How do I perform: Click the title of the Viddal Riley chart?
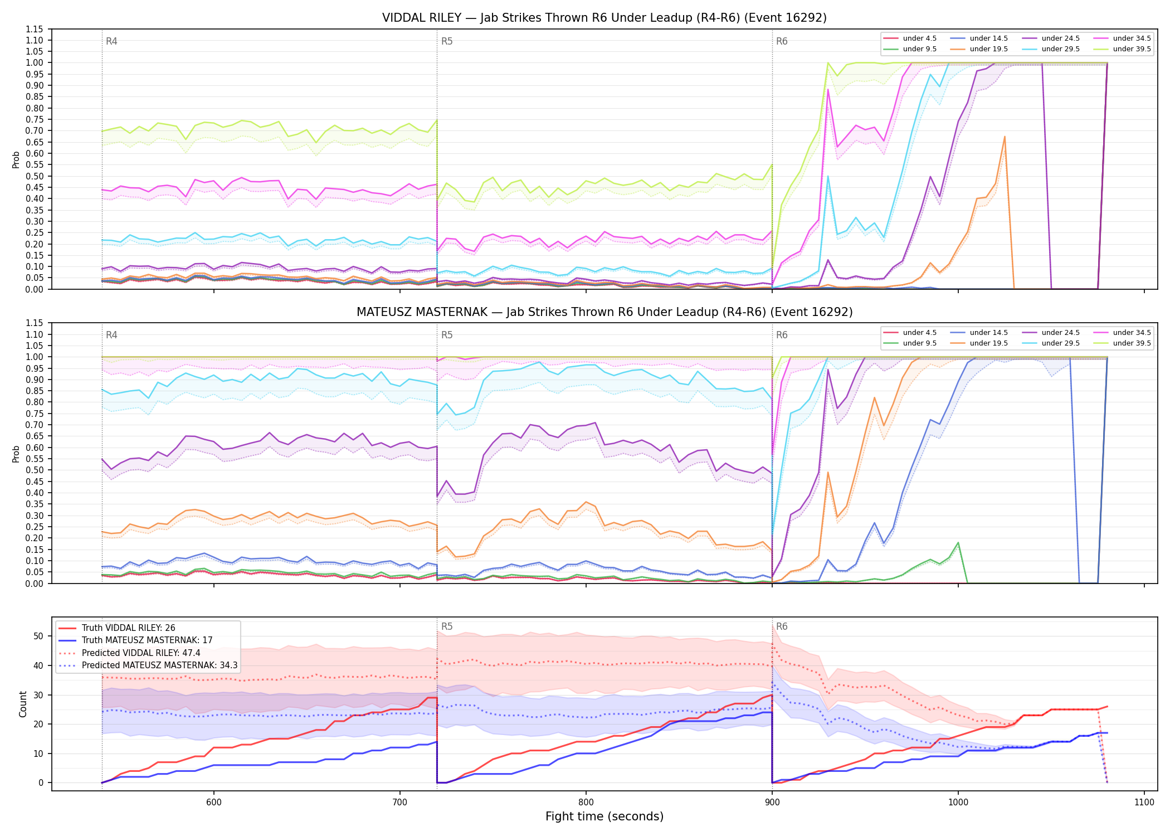point(604,18)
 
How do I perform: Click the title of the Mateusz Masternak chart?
point(604,312)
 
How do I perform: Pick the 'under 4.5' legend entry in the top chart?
point(910,38)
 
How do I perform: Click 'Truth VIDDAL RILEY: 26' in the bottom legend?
point(116,628)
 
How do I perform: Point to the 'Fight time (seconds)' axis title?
point(604,816)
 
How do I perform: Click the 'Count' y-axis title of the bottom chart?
point(23,704)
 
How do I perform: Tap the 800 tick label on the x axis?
point(586,802)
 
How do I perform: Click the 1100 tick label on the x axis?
point(1144,802)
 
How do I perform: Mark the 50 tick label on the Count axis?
point(38,636)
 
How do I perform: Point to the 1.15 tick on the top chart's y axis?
point(35,29)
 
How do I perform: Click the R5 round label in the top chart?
point(447,41)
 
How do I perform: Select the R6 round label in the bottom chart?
point(782,626)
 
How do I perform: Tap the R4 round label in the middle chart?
point(111,335)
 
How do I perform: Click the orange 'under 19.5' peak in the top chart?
point(1005,137)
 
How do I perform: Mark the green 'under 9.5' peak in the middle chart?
point(958,542)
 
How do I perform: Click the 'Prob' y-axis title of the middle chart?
point(16,454)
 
